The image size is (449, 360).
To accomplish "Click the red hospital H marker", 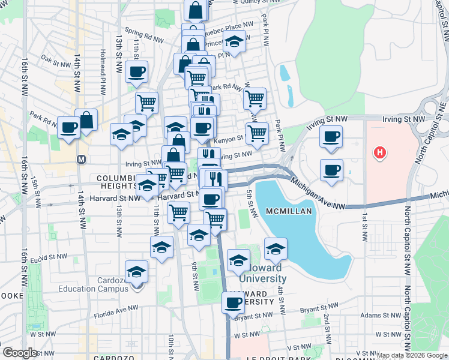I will coord(379,154).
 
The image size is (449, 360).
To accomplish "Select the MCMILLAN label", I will coord(289,211).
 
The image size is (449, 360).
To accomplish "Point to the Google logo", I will coord(20,353).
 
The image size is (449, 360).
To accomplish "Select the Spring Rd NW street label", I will coord(144,34).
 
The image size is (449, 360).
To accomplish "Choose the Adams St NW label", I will coord(379,314).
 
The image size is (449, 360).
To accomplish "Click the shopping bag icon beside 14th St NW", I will coord(86,120).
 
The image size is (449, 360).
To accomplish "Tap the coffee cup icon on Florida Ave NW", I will coord(233,302).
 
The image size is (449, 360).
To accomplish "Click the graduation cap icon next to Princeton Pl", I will coord(235,41).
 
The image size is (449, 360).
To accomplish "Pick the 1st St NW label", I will coord(364,227).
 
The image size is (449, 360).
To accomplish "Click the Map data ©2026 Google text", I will coord(412,355).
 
